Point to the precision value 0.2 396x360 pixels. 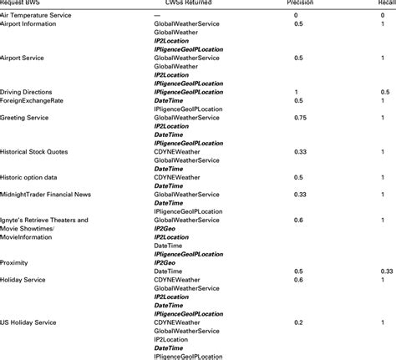pyautogui.click(x=297, y=322)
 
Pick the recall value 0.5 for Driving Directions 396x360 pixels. pyautogui.click(x=387, y=91)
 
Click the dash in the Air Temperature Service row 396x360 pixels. pyautogui.click(x=157, y=15)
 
